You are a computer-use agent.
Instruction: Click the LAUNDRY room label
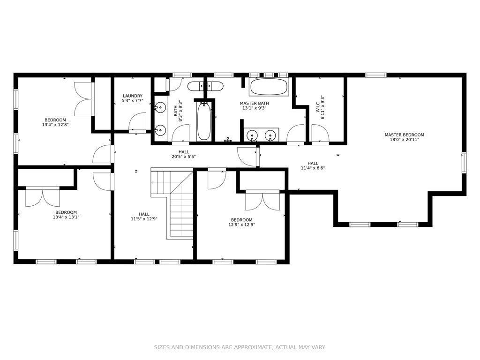coord(133,96)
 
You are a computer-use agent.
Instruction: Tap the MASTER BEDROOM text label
coord(405,135)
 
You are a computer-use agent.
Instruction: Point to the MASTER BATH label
coord(255,103)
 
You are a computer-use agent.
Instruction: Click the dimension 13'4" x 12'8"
coord(55,125)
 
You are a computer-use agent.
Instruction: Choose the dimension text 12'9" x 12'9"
coord(242,225)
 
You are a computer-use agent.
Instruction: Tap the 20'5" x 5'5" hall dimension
coord(184,157)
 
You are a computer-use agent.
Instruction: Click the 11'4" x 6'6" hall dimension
coord(313,168)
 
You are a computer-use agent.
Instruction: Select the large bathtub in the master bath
coord(269,87)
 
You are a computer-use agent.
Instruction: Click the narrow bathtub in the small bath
coord(204,121)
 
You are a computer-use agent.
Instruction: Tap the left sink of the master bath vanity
coord(252,135)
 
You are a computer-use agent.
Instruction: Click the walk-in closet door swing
coord(320,134)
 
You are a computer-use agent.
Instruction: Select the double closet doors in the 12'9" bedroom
coord(262,201)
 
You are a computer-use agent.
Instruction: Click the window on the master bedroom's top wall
coord(376,75)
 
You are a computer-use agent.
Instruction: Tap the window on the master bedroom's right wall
coord(464,163)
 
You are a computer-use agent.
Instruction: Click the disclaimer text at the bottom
coord(240,347)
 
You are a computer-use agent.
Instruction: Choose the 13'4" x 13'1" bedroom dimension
coord(66,217)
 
